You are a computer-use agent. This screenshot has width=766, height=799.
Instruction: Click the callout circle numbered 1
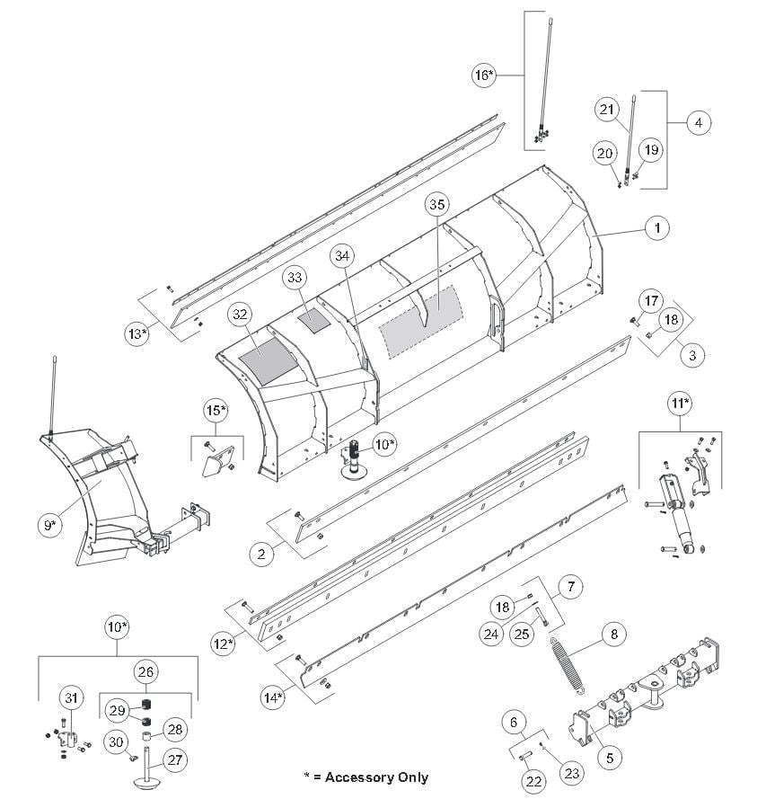657,228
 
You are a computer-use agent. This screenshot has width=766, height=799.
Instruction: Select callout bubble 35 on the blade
437,205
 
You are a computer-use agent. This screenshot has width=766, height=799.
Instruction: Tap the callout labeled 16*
484,75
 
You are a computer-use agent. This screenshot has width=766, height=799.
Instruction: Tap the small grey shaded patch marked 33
315,318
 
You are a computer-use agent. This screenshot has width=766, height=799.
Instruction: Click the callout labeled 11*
682,404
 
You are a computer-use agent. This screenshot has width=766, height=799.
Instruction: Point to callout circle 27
175,759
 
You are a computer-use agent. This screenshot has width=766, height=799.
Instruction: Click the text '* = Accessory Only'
365,777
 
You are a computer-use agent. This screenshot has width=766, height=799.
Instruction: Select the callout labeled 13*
137,333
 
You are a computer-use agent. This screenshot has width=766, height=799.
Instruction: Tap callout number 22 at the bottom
534,782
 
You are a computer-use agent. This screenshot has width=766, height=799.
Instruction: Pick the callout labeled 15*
216,412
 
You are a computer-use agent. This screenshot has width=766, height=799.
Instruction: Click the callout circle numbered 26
145,670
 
